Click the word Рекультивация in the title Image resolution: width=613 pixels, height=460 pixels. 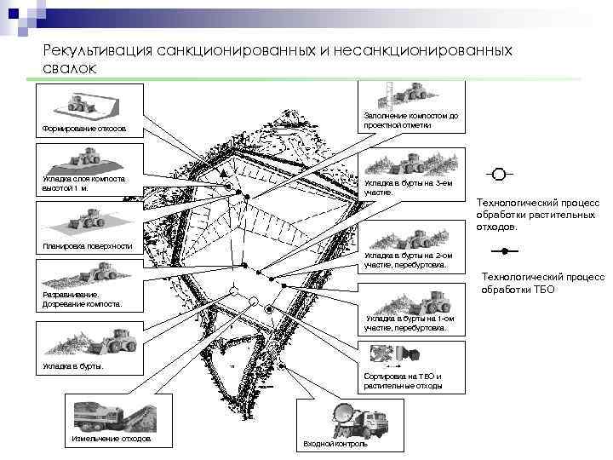(x=96, y=52)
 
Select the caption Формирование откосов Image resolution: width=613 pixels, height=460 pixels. (x=83, y=129)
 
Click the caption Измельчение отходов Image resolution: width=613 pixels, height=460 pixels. (x=111, y=438)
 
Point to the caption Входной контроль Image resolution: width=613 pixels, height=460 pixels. (x=335, y=444)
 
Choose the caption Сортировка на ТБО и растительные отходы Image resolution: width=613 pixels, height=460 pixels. (x=402, y=381)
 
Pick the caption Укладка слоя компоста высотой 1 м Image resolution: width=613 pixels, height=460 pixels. (x=83, y=184)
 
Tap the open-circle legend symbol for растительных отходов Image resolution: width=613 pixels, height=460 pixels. (x=499, y=175)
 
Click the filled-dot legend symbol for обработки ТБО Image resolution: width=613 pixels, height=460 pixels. (x=505, y=251)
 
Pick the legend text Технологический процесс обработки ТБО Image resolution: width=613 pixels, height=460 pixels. (x=542, y=283)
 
